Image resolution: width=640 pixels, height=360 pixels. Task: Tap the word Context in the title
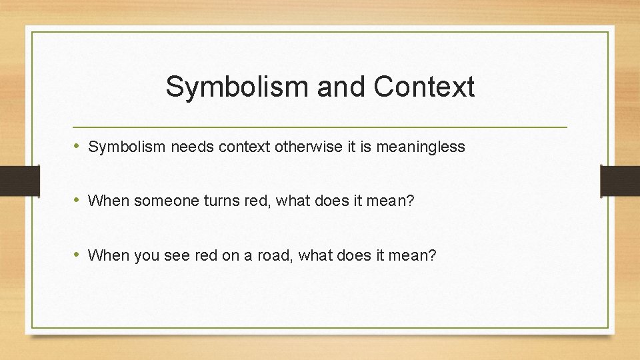[x=424, y=87]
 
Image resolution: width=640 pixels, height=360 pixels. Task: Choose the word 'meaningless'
[x=421, y=147]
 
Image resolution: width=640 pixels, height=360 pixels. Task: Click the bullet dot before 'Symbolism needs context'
[x=79, y=146]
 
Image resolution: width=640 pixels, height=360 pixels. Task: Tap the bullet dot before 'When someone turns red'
[x=79, y=200]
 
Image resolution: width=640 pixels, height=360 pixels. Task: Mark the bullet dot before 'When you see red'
[x=79, y=254]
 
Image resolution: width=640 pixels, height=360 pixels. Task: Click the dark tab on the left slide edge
[x=13, y=180]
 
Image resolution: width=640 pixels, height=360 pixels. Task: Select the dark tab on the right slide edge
[x=620, y=180]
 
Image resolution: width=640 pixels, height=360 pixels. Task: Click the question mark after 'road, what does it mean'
[x=433, y=255]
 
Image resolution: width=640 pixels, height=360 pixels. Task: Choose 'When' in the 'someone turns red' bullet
[x=108, y=201]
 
